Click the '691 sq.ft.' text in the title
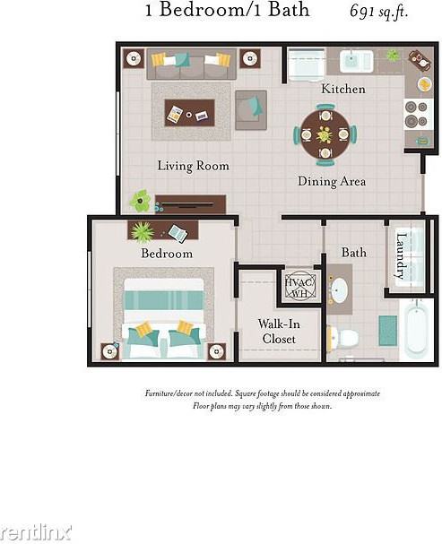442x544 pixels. tap(380, 12)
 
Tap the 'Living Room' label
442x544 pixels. tap(193, 166)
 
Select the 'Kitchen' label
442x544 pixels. tap(343, 89)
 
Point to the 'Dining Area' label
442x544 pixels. tap(331, 182)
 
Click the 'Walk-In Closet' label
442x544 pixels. tap(278, 331)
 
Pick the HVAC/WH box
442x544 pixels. tap(298, 286)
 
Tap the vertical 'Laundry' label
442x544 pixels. tap(401, 255)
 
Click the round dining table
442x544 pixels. tap(324, 134)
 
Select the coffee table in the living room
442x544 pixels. tap(189, 113)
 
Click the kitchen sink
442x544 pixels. tap(356, 61)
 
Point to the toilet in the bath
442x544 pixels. tap(343, 338)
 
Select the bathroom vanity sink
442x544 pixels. tap(339, 290)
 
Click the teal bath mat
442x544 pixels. tap(387, 330)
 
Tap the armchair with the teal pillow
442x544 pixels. tap(250, 108)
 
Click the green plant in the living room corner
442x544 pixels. tap(140, 200)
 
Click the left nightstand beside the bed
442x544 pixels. tap(110, 350)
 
